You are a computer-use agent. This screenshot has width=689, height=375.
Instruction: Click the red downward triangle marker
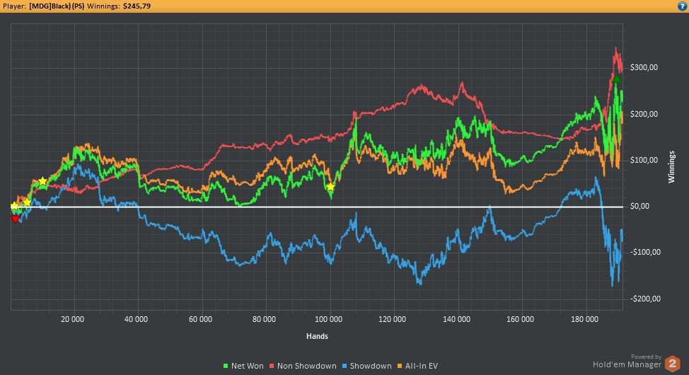[16, 219]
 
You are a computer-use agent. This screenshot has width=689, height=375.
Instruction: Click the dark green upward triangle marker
[617, 79]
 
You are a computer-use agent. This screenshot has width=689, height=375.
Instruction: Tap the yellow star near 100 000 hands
[330, 187]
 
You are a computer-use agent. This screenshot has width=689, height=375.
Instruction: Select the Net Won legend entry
[243, 366]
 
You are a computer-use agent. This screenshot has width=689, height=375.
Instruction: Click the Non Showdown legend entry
[303, 366]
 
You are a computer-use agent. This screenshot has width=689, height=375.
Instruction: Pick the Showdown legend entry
[367, 366]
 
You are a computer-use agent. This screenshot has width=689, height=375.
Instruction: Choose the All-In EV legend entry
[417, 366]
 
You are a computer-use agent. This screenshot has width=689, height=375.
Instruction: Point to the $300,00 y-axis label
[644, 67]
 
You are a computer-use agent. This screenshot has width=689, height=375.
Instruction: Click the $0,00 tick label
[639, 206]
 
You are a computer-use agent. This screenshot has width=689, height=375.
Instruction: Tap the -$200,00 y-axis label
[645, 299]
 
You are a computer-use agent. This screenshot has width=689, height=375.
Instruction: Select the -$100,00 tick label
[645, 253]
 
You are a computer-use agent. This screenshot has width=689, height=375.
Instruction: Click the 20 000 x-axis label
[72, 319]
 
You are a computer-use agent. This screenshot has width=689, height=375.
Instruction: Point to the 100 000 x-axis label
[329, 319]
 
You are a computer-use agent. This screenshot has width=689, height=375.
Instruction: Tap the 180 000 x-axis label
[584, 319]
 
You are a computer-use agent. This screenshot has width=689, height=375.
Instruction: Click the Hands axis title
[317, 336]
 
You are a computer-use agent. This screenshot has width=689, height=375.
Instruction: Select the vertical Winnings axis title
[671, 166]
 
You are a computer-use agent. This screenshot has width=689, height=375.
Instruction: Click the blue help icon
[682, 6]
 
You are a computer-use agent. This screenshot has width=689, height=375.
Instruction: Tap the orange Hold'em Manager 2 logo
[672, 364]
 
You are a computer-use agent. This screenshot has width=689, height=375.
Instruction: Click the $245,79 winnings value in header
[137, 6]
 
